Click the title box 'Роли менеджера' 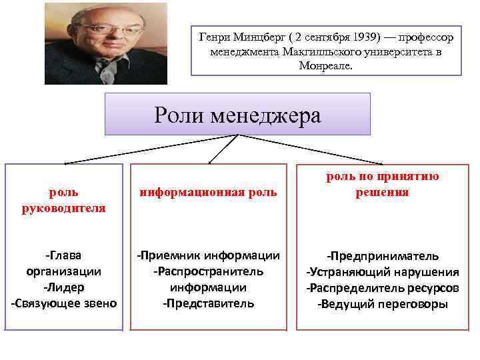click(x=237, y=115)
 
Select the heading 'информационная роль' click(x=208, y=193)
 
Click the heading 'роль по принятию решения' click(x=382, y=185)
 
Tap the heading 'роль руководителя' click(x=64, y=200)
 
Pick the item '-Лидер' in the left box click(x=64, y=288)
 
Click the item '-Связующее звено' click(x=64, y=304)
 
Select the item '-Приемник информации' click(x=208, y=256)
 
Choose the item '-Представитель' click(x=208, y=304)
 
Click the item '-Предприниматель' click(x=382, y=256)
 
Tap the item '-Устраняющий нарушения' click(x=382, y=272)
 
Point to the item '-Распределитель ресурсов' click(x=382, y=288)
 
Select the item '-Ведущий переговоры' click(x=382, y=304)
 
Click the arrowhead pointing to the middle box click(x=210, y=161)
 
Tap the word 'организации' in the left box click(x=64, y=272)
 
